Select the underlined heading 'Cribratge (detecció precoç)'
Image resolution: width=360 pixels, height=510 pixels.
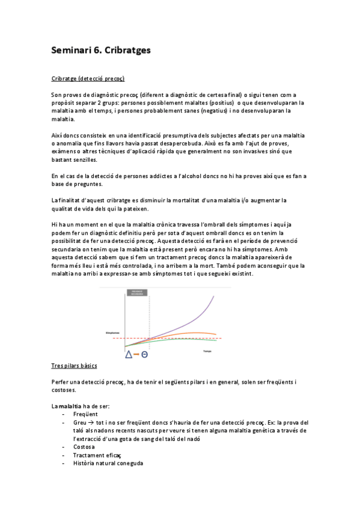coord(88,79)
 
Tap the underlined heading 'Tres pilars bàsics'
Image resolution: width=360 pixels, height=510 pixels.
coord(75,366)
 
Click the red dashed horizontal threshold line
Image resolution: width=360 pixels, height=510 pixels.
coord(180,339)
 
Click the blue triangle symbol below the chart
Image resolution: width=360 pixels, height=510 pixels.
coord(129,354)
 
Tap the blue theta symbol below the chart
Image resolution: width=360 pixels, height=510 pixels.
coord(145,354)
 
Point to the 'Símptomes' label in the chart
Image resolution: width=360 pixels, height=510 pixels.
coord(112,333)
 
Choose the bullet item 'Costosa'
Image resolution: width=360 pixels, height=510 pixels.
coord(84,447)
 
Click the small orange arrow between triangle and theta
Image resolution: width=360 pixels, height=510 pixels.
coord(136,354)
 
